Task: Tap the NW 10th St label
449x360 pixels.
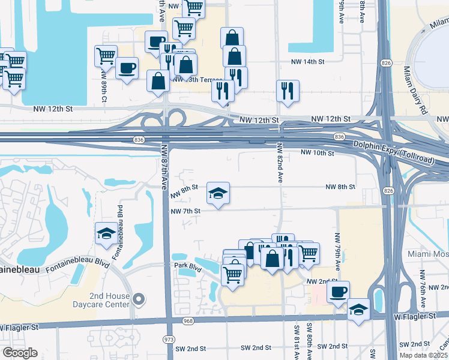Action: (317, 154)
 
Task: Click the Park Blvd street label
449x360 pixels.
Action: (185, 265)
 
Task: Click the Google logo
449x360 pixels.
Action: (20, 353)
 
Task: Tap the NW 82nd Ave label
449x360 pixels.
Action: (280, 163)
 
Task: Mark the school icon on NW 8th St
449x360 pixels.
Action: (218, 193)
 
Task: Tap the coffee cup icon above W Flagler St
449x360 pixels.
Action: (339, 292)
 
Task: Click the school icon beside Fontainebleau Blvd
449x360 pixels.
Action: (106, 234)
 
